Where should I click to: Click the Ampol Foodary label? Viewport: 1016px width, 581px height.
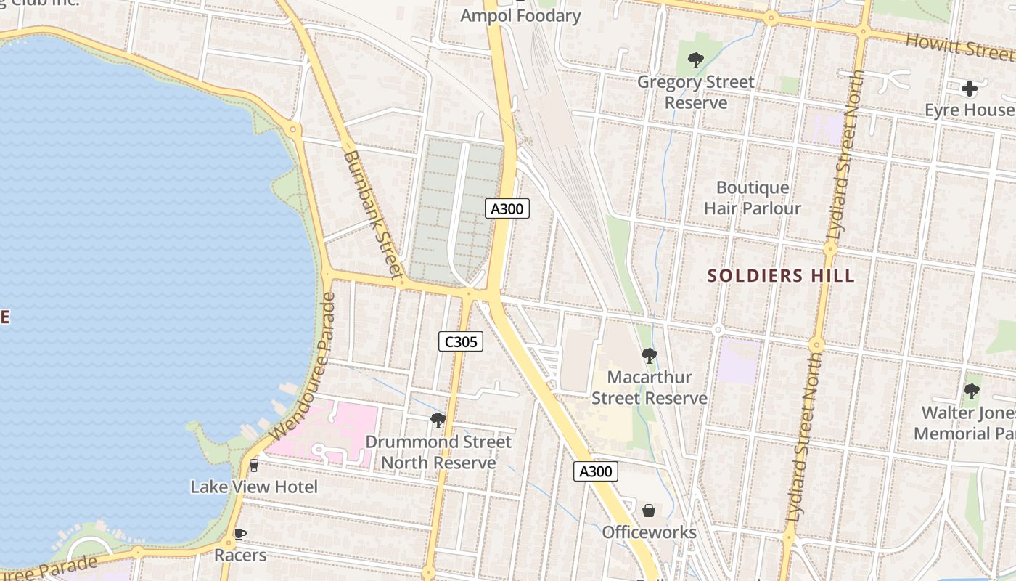click(x=521, y=16)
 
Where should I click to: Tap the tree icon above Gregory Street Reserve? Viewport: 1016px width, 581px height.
click(x=695, y=60)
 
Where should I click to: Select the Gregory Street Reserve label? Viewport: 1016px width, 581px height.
click(x=695, y=92)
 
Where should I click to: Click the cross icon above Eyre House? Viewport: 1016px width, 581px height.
click(x=969, y=89)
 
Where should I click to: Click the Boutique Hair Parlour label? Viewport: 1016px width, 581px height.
click(x=752, y=198)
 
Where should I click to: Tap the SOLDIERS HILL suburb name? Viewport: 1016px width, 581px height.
click(x=781, y=276)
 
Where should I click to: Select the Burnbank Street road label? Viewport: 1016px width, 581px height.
click(x=372, y=214)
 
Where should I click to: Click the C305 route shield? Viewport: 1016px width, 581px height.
click(x=461, y=341)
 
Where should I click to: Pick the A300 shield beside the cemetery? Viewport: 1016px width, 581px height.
click(x=507, y=209)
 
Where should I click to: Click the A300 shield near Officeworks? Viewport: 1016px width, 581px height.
click(x=597, y=471)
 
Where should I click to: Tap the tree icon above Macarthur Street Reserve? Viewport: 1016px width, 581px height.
click(x=649, y=356)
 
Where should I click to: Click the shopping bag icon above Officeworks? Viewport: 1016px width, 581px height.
click(x=649, y=511)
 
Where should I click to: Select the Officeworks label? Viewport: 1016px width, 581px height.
click(x=649, y=532)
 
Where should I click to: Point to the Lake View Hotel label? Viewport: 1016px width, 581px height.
click(x=254, y=487)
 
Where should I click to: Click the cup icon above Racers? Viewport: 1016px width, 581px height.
click(x=239, y=535)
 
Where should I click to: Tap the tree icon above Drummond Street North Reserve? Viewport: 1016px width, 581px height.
click(x=438, y=420)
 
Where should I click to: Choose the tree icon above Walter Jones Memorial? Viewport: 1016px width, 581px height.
click(x=971, y=392)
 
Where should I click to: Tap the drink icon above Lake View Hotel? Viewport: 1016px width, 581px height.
click(x=254, y=465)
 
